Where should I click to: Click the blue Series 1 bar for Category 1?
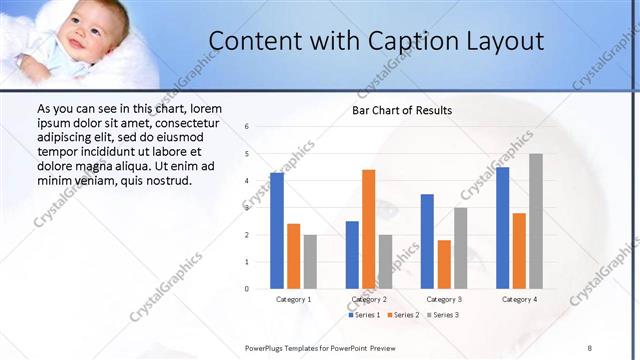(277, 231)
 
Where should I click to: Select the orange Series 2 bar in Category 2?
(369, 229)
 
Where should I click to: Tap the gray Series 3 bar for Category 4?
(536, 221)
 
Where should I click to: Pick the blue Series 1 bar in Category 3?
(427, 241)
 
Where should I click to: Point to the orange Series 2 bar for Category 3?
(444, 264)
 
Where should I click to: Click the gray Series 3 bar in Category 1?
(310, 261)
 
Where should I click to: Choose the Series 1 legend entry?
(365, 315)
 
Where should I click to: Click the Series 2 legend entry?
(404, 315)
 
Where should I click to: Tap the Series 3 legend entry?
(443, 315)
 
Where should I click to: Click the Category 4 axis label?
(519, 299)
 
